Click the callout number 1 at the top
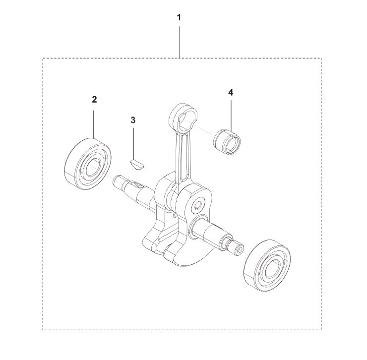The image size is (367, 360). [179, 17]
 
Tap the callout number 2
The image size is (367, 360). [94, 100]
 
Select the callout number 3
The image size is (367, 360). [133, 120]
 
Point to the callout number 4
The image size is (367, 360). [231, 93]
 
